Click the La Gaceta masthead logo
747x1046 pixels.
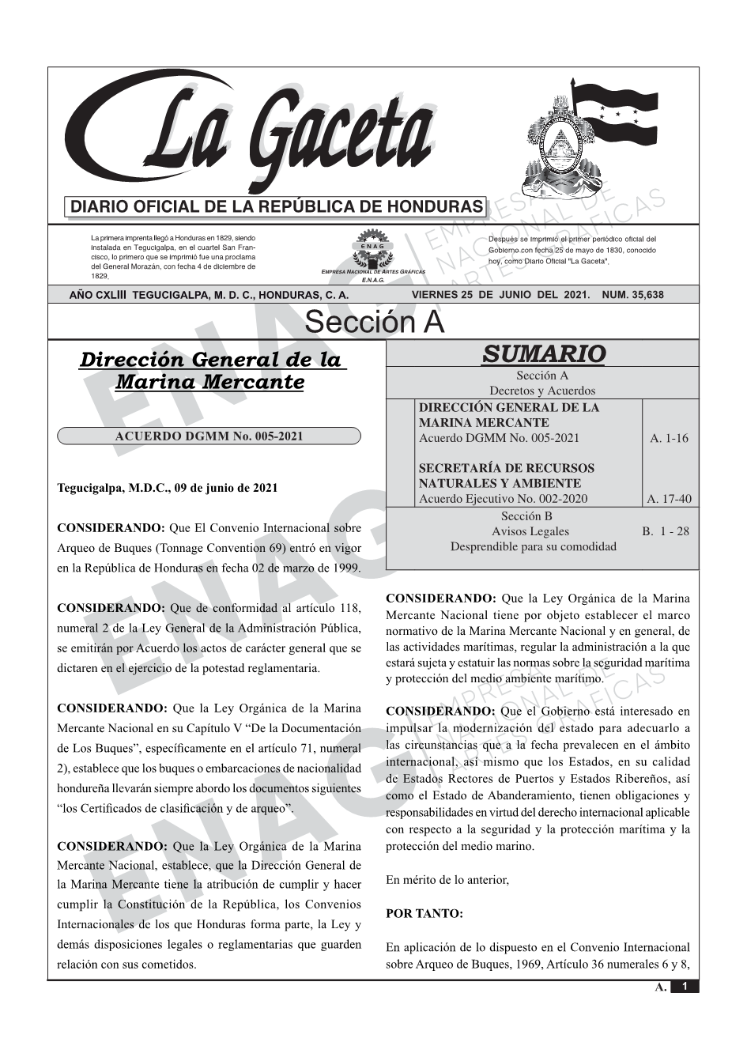tap(253, 134)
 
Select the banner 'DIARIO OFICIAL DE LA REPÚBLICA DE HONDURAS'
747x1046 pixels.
tap(276, 207)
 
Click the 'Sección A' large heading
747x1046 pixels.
tap(374, 323)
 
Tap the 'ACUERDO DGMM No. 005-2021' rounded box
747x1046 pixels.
tap(209, 436)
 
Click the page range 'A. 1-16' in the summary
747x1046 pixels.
tap(669, 438)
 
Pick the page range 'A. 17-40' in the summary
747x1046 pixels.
tap(669, 499)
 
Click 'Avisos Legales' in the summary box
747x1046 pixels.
tap(530, 531)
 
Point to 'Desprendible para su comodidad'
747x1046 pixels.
tap(533, 546)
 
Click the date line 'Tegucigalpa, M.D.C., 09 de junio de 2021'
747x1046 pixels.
tap(168, 488)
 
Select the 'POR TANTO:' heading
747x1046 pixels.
tap(424, 913)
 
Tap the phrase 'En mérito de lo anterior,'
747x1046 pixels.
tap(447, 880)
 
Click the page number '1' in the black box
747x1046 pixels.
tap(685, 987)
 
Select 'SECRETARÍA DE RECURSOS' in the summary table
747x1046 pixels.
tap(506, 468)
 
